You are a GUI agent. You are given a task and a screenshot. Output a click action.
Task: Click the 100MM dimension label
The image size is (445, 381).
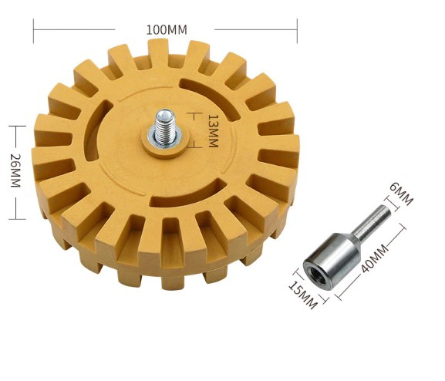pyautogui.click(x=167, y=30)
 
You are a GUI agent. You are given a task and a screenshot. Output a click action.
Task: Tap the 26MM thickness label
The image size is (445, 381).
pyautogui.click(x=15, y=170)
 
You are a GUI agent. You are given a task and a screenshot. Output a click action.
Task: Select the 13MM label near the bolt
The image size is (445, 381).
pyautogui.click(x=213, y=131)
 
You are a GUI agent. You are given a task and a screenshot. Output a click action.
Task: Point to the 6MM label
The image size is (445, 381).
pyautogui.click(x=401, y=194)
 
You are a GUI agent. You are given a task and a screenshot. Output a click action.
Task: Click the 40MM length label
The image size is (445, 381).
pyautogui.click(x=374, y=258)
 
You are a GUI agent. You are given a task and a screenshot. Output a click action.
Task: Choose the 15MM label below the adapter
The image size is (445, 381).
pyautogui.click(x=302, y=295)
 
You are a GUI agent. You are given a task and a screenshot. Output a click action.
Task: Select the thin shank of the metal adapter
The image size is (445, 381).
pyautogui.click(x=369, y=220)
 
